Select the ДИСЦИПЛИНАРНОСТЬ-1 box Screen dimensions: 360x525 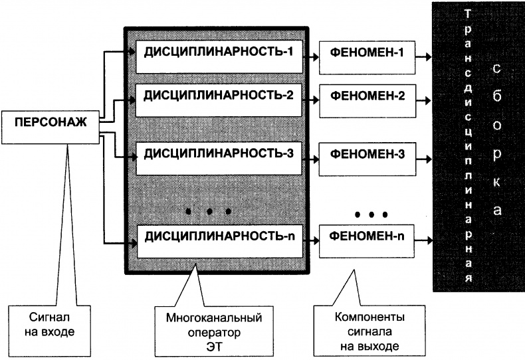(x=219, y=51)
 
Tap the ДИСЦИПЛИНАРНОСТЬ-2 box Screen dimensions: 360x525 (x=219, y=94)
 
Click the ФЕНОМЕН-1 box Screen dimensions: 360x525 (x=364, y=52)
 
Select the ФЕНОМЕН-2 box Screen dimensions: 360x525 (x=364, y=96)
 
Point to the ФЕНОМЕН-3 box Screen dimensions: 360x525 (x=364, y=155)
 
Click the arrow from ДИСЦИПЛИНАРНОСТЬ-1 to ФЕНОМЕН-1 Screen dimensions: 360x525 (x=310, y=52)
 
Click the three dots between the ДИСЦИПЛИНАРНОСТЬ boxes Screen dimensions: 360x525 (x=209, y=212)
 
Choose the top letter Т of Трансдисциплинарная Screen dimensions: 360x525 (x=469, y=13)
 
